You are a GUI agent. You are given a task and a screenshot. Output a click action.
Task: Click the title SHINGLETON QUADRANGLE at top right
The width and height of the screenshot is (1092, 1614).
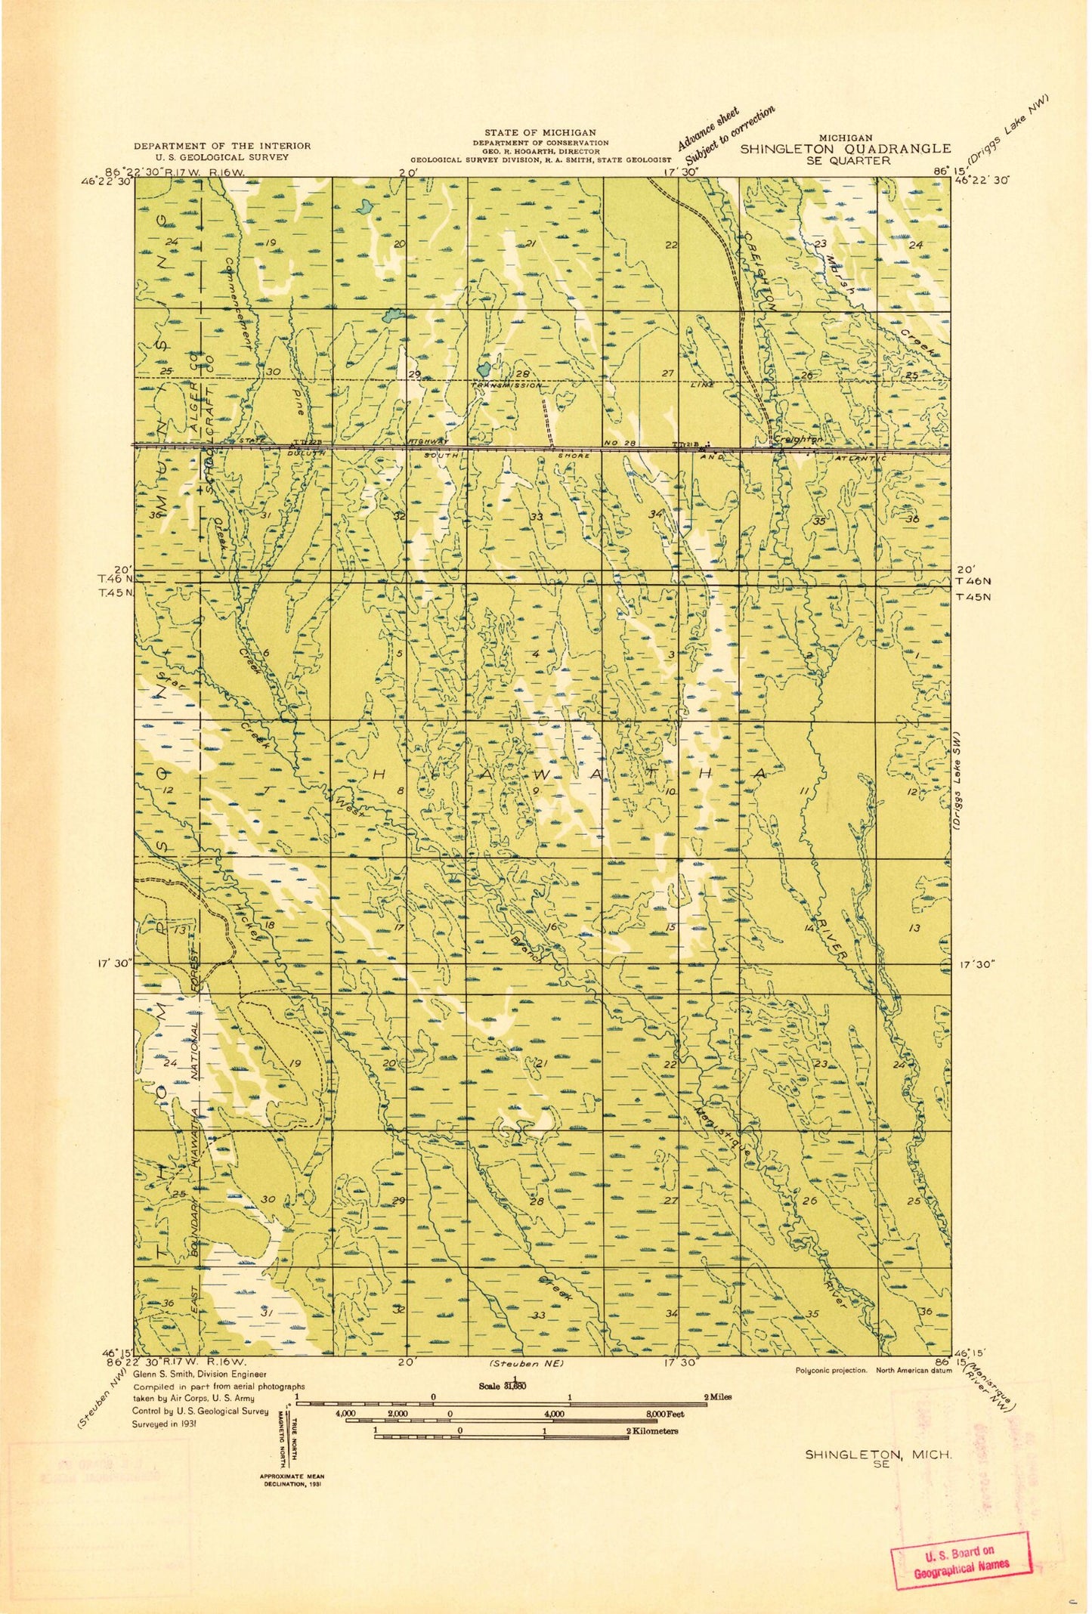pyautogui.click(x=845, y=149)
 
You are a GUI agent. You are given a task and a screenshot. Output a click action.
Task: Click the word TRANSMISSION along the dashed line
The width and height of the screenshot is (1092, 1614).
pyautogui.click(x=507, y=385)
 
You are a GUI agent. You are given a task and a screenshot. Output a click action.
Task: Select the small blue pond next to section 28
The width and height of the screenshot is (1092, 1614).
pyautogui.click(x=484, y=369)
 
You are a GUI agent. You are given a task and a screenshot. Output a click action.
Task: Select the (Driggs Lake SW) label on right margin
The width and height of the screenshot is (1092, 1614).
pyautogui.click(x=957, y=781)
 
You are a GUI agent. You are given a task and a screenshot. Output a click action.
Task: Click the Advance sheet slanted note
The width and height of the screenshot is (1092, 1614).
pyautogui.click(x=708, y=129)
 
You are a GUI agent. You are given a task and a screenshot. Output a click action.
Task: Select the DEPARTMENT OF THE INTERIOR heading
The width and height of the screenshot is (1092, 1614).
pyautogui.click(x=222, y=146)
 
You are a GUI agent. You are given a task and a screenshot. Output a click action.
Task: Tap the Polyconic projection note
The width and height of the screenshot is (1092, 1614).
pyautogui.click(x=831, y=1370)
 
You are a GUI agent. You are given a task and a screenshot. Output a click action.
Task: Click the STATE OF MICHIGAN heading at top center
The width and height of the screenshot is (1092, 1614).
pyautogui.click(x=540, y=133)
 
